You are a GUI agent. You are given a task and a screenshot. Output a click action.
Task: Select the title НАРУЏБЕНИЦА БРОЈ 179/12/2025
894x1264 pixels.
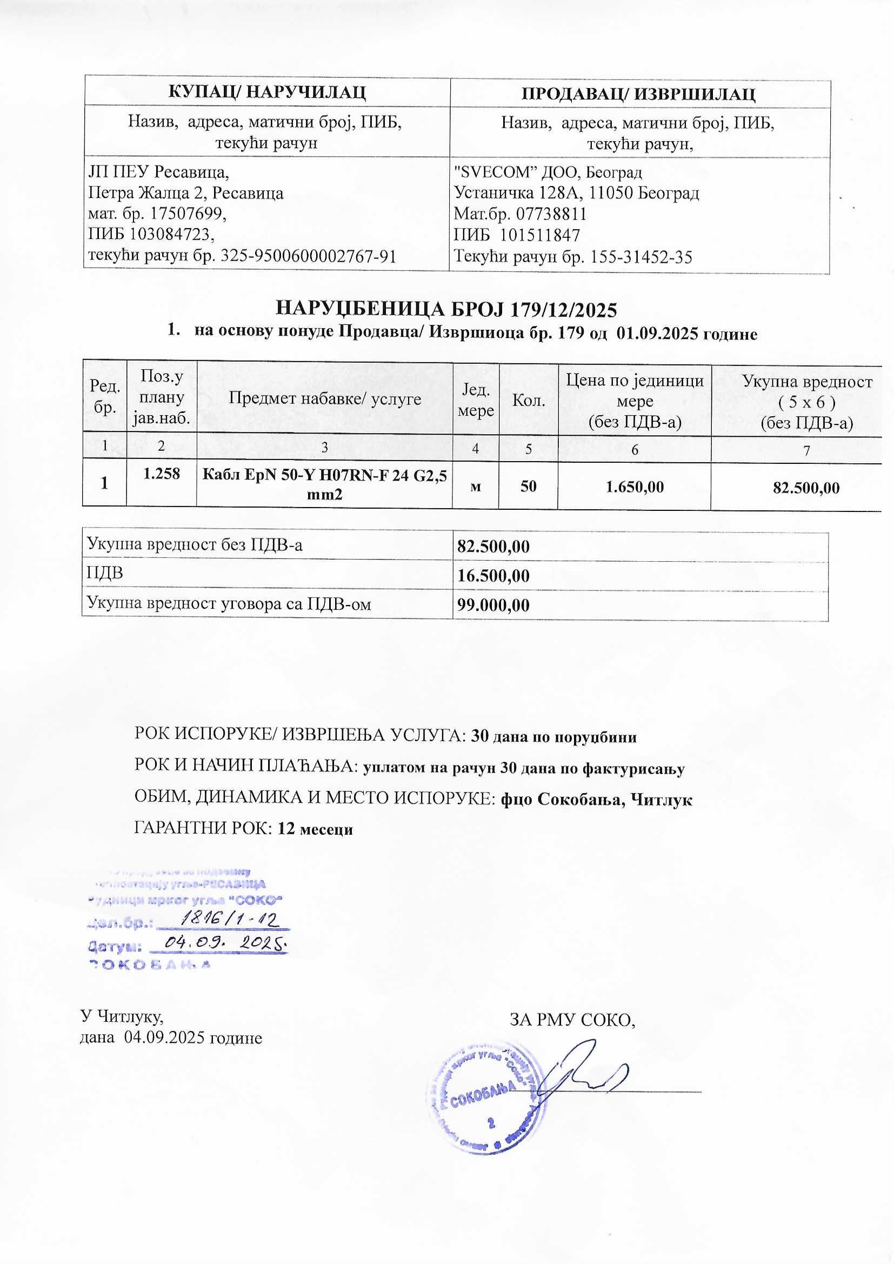(x=446, y=309)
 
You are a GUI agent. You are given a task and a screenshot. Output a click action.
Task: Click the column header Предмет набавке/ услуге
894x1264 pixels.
(x=324, y=398)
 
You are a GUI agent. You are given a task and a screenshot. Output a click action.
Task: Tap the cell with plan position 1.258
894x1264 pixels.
(x=161, y=474)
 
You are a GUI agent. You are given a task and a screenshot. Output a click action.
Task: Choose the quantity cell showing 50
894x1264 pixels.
(x=528, y=486)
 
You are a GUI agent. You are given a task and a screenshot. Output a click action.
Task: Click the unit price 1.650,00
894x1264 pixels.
(x=634, y=487)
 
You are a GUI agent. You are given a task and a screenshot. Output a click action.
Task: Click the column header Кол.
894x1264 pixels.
(x=529, y=400)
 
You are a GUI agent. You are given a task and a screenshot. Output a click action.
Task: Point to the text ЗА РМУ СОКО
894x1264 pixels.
(x=572, y=1020)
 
